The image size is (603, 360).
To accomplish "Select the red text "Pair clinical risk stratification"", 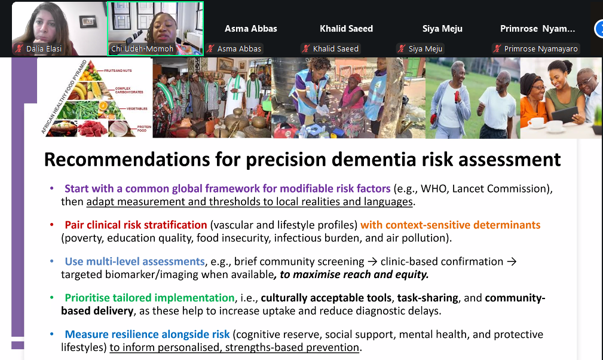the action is coord(136,225).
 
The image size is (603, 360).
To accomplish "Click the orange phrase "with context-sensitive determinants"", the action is coord(451,225).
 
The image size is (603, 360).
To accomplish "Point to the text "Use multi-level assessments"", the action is coord(134,261).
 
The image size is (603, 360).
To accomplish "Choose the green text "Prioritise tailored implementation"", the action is coord(149,298).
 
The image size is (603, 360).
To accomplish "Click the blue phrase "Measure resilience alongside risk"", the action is coord(147,334).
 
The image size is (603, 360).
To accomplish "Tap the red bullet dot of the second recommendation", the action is coord(52,225).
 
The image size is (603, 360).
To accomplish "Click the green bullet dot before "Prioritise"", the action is coord(52,298).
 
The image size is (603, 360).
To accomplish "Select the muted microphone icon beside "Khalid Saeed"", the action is coord(306,49).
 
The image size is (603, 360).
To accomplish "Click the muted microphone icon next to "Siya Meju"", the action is coord(402,49).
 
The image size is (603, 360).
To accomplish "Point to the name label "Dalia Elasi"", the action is coord(44,49).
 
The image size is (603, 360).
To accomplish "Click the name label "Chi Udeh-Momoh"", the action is coord(142,49).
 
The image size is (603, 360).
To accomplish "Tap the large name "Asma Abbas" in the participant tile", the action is coord(251,29).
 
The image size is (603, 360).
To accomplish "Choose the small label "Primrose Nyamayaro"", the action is coord(541,49).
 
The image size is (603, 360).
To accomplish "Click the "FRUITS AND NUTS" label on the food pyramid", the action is coord(118,71).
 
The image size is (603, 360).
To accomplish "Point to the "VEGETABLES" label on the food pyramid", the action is coord(137,109).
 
